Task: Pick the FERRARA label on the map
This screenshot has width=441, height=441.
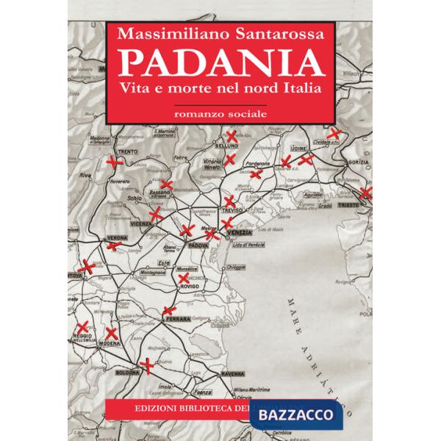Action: (x=179, y=318)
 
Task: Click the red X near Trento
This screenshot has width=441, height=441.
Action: (x=112, y=161)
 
